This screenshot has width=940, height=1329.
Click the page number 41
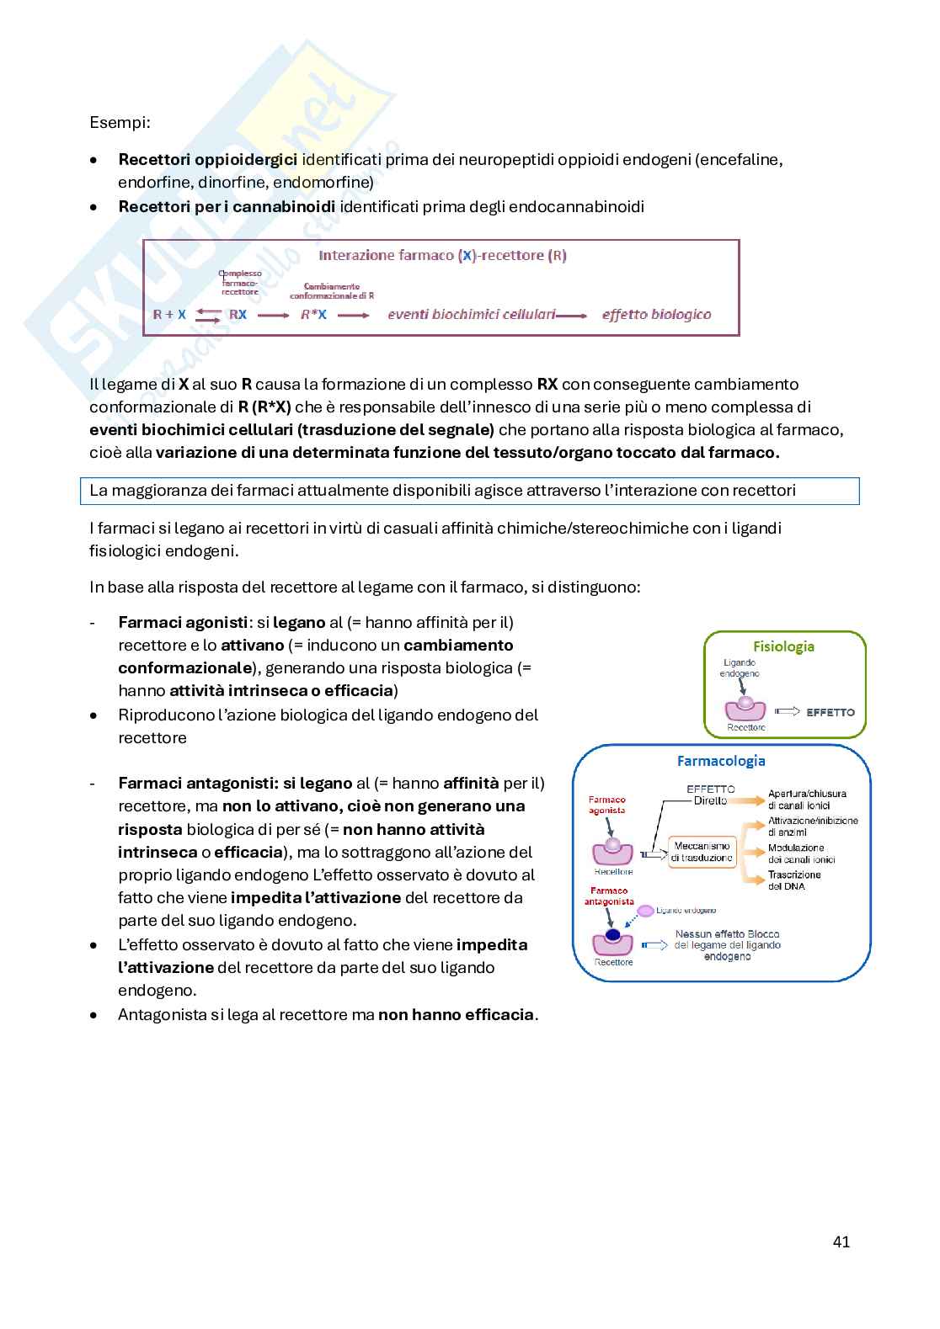coord(841,1241)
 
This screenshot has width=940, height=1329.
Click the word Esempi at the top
coord(120,122)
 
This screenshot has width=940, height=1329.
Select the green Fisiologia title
coord(783,646)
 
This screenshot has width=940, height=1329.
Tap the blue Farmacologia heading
coord(721,761)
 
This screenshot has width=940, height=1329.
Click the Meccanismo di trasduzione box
coord(702,852)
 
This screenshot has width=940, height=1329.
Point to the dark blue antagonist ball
coord(613,935)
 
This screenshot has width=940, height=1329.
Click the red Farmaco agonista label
coord(606,805)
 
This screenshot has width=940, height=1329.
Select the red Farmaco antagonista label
coord(608,896)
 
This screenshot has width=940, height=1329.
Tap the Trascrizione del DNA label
coord(794,880)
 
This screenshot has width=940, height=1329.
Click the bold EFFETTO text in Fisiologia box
coord(830,712)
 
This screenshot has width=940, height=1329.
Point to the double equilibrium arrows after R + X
coord(207,315)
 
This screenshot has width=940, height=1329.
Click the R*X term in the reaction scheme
coord(313,315)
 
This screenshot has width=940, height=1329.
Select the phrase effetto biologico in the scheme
coord(656,315)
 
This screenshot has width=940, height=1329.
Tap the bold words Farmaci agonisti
coord(183,623)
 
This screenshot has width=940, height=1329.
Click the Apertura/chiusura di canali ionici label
coord(806,800)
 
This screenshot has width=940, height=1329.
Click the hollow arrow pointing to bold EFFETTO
coord(786,712)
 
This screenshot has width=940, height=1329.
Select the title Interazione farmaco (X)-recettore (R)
coord(442,255)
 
